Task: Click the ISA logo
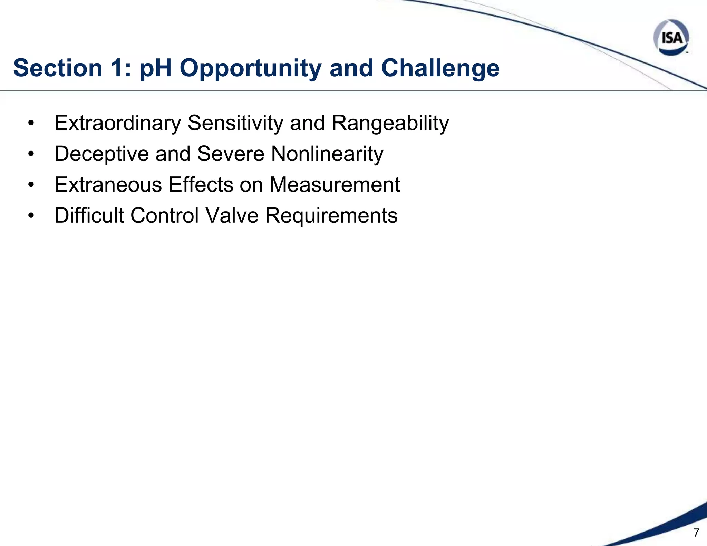(671, 37)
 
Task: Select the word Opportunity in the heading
(251, 68)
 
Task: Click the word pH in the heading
(155, 68)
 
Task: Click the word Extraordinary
(118, 123)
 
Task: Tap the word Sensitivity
(235, 123)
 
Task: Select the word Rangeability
(390, 123)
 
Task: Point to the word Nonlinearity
(327, 154)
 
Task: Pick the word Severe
(231, 154)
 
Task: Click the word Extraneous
(108, 185)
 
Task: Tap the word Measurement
(334, 185)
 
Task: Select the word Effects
(201, 185)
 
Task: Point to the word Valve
(232, 216)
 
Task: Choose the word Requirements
(331, 216)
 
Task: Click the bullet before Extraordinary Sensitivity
(31, 123)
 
